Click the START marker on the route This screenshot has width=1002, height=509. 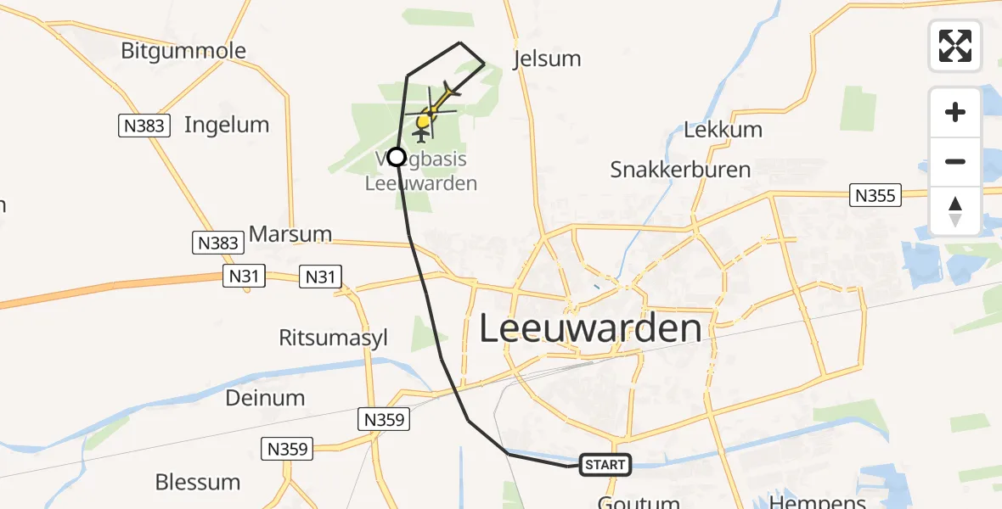(x=605, y=464)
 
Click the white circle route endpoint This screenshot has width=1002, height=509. (x=397, y=156)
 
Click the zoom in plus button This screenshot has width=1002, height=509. (x=955, y=112)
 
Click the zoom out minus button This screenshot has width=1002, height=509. (x=955, y=161)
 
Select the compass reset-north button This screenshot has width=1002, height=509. (x=955, y=211)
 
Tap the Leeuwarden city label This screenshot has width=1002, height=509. (x=590, y=328)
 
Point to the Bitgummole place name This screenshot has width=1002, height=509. (x=183, y=51)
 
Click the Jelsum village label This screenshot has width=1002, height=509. (x=548, y=59)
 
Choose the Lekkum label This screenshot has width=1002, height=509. (x=723, y=130)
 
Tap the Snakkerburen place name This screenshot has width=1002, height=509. (x=680, y=169)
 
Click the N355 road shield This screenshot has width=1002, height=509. (x=875, y=196)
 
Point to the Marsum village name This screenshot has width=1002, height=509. (x=290, y=234)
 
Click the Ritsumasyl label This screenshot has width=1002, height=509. (x=333, y=338)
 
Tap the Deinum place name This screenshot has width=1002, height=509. (x=265, y=397)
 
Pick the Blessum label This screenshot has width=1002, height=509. (x=197, y=482)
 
